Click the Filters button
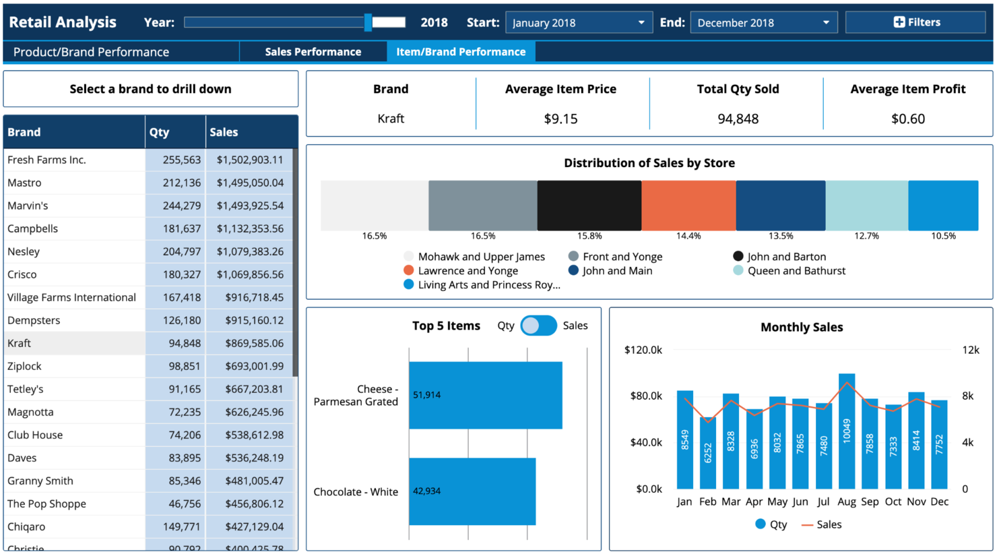pos(915,22)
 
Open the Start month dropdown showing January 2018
pos(579,22)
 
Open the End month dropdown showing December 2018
pos(764,22)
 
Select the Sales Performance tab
pos(313,52)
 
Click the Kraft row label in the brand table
pos(19,343)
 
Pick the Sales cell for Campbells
pos(250,228)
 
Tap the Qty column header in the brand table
pos(159,132)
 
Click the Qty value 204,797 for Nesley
pos(182,251)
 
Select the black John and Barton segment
pos(589,206)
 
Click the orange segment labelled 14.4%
pos(688,206)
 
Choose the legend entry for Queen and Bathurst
pos(789,270)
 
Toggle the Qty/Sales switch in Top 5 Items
pos(538,326)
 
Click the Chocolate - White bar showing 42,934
pos(472,491)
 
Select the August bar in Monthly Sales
pos(847,431)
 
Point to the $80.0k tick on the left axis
pos(646,396)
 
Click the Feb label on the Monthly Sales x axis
pos(708,501)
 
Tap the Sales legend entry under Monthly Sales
pos(821,524)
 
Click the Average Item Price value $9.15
pos(560,119)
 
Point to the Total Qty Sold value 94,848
pos(738,119)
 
